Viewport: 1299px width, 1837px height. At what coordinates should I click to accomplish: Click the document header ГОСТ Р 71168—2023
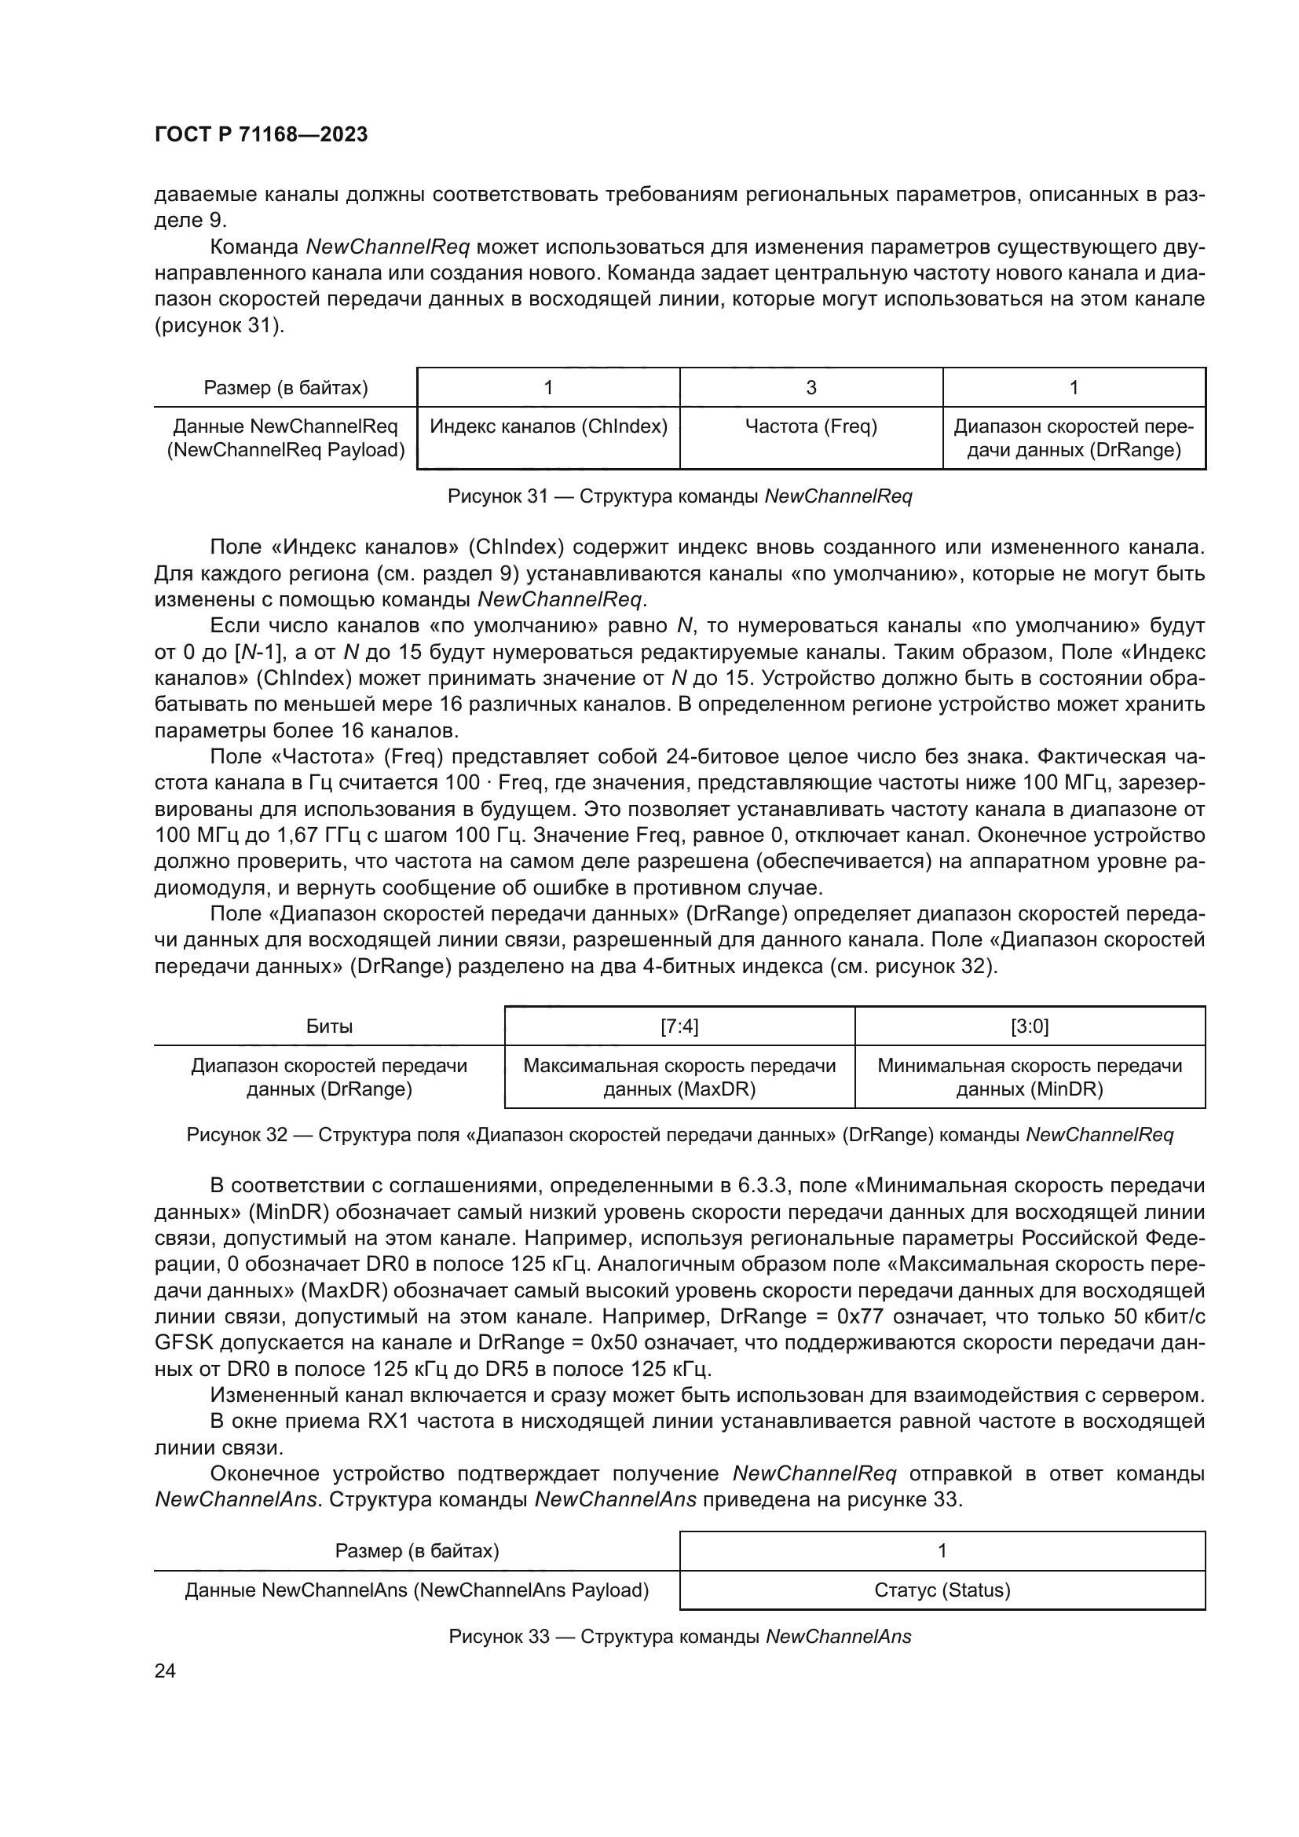coord(261,134)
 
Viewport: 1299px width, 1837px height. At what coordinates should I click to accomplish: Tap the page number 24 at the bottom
coord(165,1670)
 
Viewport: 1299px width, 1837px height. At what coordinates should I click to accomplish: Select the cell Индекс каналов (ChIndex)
coord(549,426)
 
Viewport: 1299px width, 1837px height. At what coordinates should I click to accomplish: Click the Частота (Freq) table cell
coord(811,426)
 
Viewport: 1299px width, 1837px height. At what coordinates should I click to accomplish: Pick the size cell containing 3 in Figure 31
coord(811,388)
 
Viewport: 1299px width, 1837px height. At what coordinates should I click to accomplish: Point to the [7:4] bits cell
coord(679,1026)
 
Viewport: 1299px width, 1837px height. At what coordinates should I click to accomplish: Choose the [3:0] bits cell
coord(1030,1026)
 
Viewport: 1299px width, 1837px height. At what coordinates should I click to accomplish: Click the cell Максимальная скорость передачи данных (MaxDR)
coord(679,1077)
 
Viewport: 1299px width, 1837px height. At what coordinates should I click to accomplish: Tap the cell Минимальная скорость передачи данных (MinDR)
coord(1030,1077)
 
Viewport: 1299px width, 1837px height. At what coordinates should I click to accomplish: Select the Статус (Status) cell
coord(942,1590)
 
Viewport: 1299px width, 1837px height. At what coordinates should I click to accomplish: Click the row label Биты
coord(329,1026)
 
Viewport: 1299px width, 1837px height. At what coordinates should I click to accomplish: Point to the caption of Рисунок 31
coord(679,496)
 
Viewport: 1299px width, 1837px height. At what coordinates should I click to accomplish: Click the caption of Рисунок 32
coord(679,1135)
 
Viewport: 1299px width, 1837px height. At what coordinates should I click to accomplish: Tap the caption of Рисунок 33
coord(679,1636)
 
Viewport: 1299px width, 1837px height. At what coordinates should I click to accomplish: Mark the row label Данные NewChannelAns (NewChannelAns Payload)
coord(416,1590)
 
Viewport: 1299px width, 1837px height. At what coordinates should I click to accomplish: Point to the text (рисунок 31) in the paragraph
coord(219,326)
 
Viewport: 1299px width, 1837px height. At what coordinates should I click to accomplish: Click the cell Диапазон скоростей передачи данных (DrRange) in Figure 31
coord(1074,437)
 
